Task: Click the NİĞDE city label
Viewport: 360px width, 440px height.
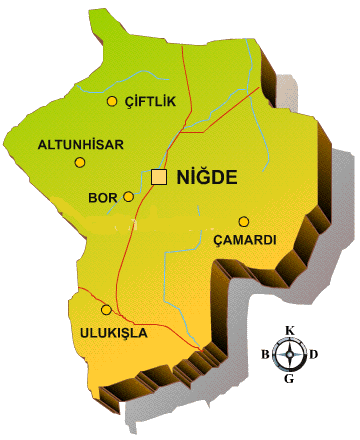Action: (x=205, y=178)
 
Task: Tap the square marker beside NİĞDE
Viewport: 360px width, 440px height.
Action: (x=159, y=177)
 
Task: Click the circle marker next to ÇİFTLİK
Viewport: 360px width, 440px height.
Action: (x=112, y=101)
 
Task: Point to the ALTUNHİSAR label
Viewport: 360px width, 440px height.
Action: (x=80, y=144)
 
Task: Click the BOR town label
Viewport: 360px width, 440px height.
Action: (x=103, y=197)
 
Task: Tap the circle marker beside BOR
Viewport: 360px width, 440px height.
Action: (x=128, y=197)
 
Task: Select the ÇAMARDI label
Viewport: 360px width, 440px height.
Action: (x=245, y=240)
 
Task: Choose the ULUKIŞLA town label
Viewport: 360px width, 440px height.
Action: (x=112, y=331)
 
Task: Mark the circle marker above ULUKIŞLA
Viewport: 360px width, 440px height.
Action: (x=107, y=310)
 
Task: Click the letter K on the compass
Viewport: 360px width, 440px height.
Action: (x=290, y=331)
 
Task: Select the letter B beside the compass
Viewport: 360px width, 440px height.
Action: (x=265, y=354)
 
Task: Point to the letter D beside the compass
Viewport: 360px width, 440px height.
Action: (x=314, y=354)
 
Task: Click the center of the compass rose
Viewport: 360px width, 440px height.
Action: (x=290, y=354)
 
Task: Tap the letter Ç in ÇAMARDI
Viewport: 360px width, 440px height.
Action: (x=219, y=241)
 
